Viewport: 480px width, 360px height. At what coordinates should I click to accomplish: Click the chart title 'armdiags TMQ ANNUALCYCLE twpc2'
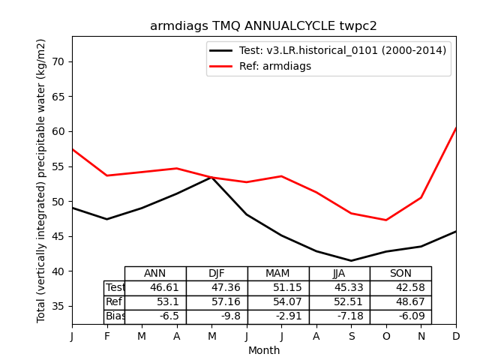(263, 26)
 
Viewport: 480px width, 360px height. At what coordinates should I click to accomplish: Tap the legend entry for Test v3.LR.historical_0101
(326, 50)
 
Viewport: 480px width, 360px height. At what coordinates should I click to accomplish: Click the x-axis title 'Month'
(264, 350)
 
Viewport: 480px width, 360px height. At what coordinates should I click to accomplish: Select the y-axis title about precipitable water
(42, 180)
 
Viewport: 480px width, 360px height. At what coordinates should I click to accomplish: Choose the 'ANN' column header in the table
(155, 274)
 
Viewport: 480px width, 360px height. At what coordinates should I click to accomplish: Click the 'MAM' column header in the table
(277, 274)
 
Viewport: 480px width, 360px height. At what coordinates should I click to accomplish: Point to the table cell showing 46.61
(155, 288)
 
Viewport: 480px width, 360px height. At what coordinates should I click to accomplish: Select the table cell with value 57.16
(217, 302)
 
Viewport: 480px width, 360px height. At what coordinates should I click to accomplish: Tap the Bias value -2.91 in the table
(278, 316)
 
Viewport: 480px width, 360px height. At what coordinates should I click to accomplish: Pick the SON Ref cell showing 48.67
(400, 302)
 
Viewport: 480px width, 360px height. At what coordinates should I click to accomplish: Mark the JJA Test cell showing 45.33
(339, 288)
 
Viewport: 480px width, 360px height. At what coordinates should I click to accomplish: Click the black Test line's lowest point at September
(351, 261)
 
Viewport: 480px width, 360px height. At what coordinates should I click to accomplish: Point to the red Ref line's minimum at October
(386, 220)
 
